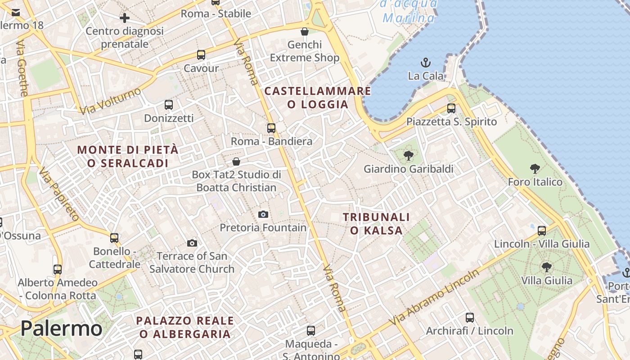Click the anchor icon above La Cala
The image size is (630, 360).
pos(425,63)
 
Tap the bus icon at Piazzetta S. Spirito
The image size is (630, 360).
pos(451,108)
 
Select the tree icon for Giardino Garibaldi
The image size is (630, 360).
pos(408,156)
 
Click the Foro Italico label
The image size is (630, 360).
pos(535,182)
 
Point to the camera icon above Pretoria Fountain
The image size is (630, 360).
pos(263,214)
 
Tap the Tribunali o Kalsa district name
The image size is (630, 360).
pos(376,224)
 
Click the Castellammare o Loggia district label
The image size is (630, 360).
pos(318,98)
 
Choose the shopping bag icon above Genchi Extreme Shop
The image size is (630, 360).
pos(305,31)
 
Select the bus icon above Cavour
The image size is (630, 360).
pos(201,55)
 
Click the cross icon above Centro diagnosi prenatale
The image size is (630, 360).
pos(125,18)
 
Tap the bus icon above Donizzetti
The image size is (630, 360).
pos(169,105)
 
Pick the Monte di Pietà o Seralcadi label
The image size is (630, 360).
pos(128,156)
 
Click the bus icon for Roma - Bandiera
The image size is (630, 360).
pos(271,128)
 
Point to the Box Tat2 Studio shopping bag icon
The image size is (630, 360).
pos(236,162)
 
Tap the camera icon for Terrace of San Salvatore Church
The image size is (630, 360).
pos(192,243)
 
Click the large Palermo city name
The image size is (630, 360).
pos(61,328)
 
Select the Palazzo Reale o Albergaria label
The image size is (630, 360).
pos(185,327)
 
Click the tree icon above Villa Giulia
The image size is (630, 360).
pos(547,267)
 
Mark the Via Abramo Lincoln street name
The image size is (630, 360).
pos(435,297)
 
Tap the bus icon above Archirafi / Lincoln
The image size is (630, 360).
pos(470,318)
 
